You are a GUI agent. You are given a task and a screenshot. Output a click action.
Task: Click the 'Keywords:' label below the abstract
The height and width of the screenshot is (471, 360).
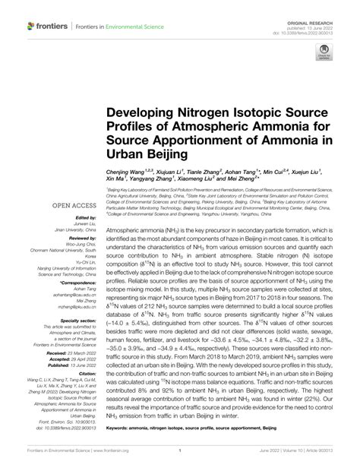tap(119, 429)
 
